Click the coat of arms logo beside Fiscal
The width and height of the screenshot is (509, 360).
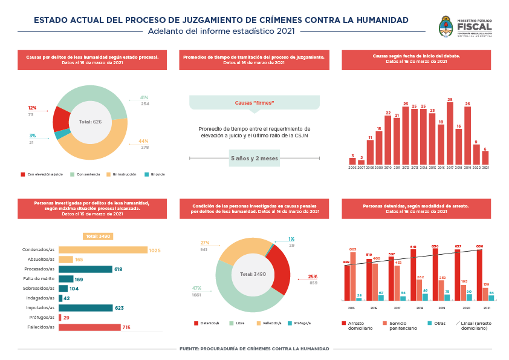click(446, 27)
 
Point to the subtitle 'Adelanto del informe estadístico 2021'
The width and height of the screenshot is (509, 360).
click(221, 31)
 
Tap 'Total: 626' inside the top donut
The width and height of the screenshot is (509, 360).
click(89, 122)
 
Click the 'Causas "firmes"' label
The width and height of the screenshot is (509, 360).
click(254, 103)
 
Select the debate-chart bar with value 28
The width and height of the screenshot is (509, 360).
click(450, 133)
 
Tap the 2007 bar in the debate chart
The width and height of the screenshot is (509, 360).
click(361, 162)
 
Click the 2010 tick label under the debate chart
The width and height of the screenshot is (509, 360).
click(387, 168)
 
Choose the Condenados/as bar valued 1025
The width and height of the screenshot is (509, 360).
click(103, 250)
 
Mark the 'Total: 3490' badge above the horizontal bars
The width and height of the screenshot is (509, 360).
click(98, 237)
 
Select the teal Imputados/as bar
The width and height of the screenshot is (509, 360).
click(86, 308)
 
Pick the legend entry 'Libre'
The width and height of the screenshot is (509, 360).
click(237, 323)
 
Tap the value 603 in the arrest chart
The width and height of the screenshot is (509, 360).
click(352, 249)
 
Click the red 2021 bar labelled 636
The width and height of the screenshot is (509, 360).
click(479, 275)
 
